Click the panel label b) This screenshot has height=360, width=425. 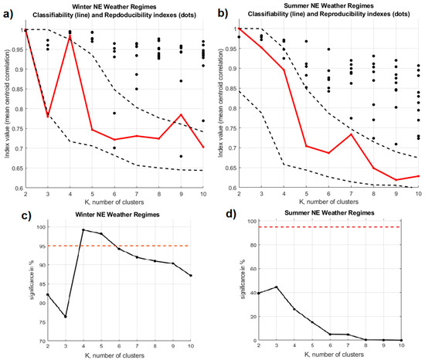point(223,13)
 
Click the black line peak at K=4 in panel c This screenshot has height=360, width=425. point(83,230)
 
